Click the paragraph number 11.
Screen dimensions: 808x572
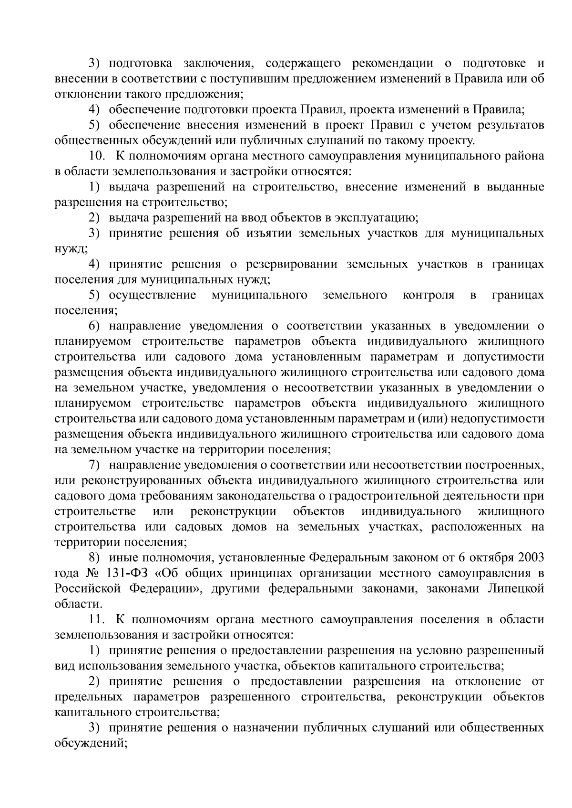pos(96,620)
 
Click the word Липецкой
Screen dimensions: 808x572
pos(516,589)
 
